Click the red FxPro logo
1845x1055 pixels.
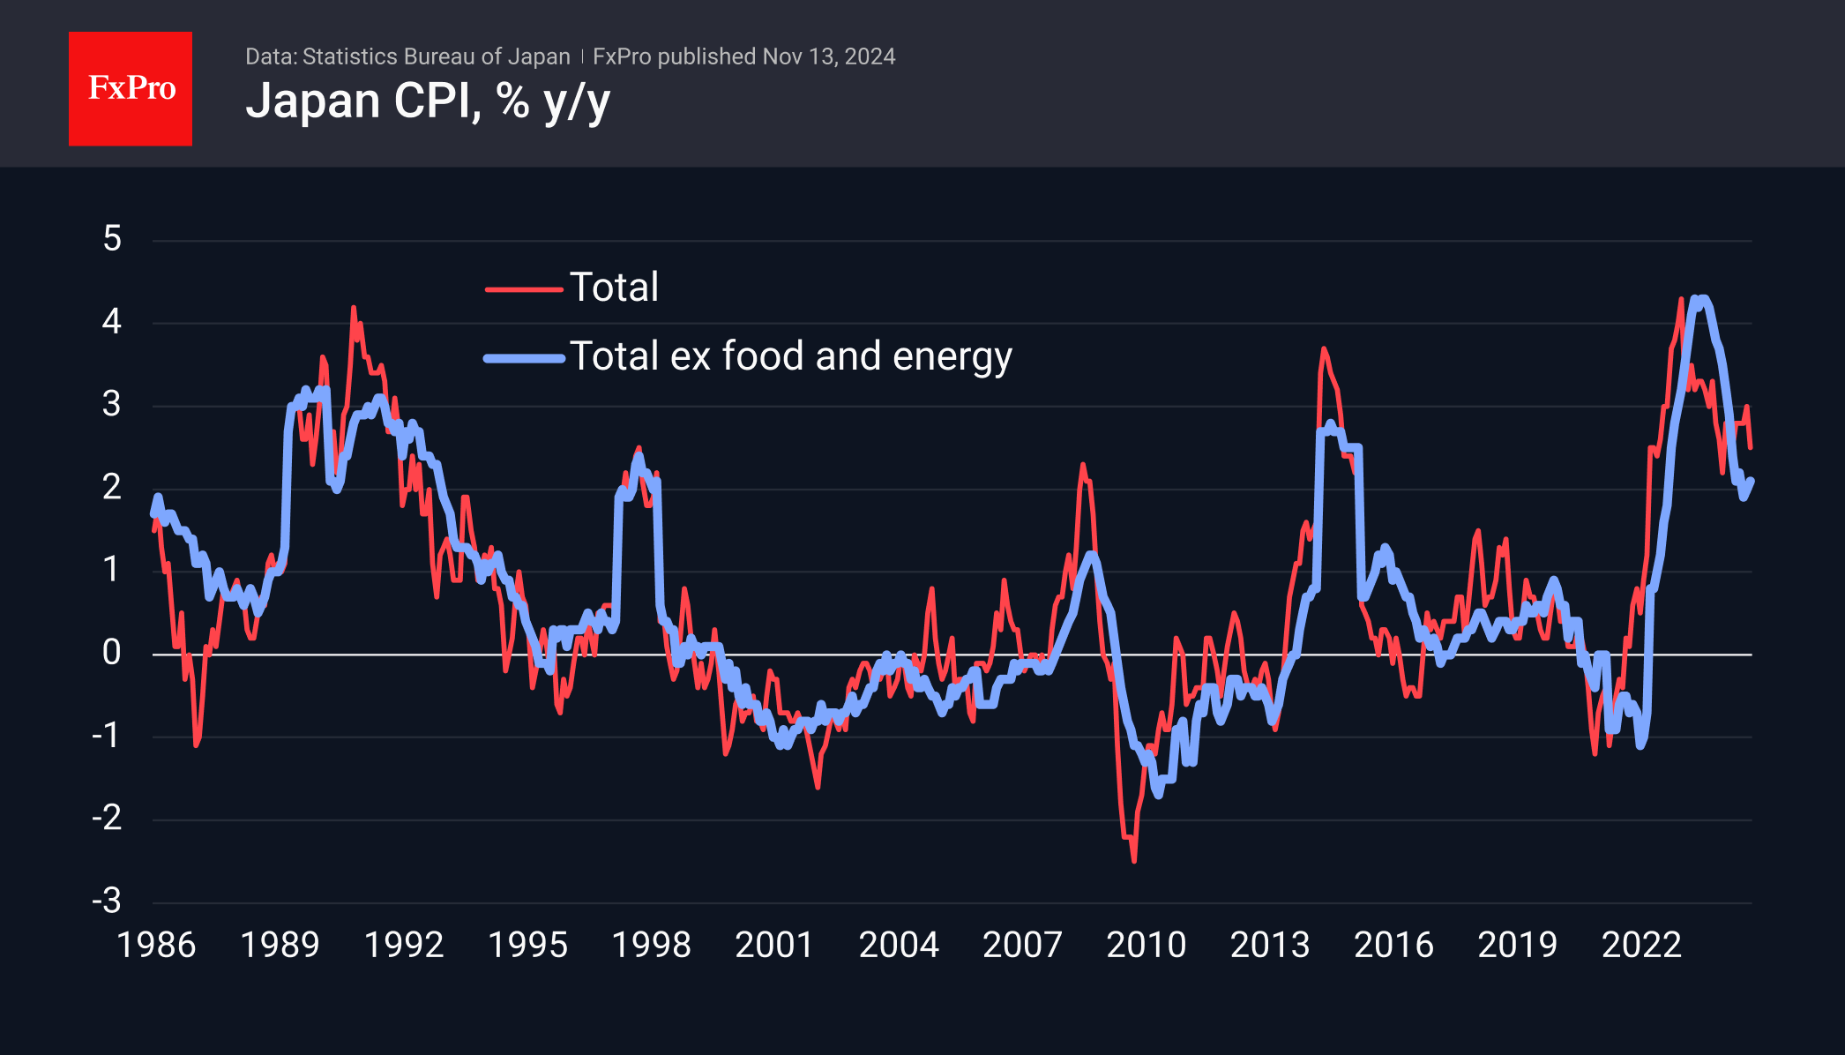pos(131,88)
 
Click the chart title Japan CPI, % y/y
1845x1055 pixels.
pos(428,101)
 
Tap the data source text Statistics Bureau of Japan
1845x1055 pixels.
pos(436,56)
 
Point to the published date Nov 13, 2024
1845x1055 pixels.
pos(828,56)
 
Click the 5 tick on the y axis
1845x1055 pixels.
pos(112,239)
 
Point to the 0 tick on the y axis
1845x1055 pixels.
pos(112,653)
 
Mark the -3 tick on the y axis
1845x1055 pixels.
pos(107,902)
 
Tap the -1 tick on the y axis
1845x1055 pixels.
pos(107,736)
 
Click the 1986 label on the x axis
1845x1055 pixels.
pos(156,946)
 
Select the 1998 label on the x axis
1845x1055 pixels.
pos(651,946)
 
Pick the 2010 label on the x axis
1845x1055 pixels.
pos(1146,946)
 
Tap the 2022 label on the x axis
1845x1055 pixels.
pos(1641,946)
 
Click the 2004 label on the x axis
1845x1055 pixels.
pos(899,946)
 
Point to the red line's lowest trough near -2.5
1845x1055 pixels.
pos(1133,860)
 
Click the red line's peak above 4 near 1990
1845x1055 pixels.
pos(354,308)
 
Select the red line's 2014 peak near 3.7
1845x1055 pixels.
pos(1324,349)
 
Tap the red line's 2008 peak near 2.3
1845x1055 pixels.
pos(1083,465)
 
